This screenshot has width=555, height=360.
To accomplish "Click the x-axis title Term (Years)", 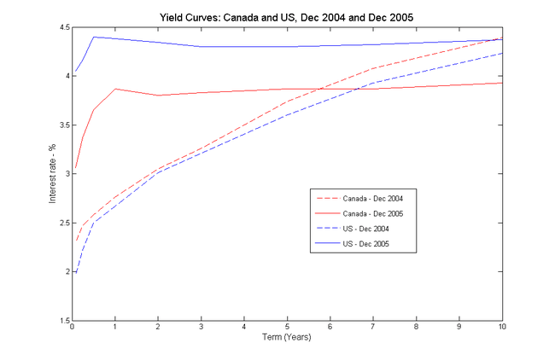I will (286, 337).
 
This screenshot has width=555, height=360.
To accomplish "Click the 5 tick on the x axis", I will (288, 328).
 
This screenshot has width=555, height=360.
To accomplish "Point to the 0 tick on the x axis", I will (73, 328).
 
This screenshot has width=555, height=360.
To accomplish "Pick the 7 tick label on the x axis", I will (373, 328).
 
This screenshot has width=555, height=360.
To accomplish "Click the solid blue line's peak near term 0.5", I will (94, 37).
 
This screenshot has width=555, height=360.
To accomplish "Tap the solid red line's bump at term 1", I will (115, 89).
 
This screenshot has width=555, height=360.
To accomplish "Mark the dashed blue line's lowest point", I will (75, 272).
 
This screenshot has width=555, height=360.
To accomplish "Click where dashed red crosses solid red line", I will (318, 89).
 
